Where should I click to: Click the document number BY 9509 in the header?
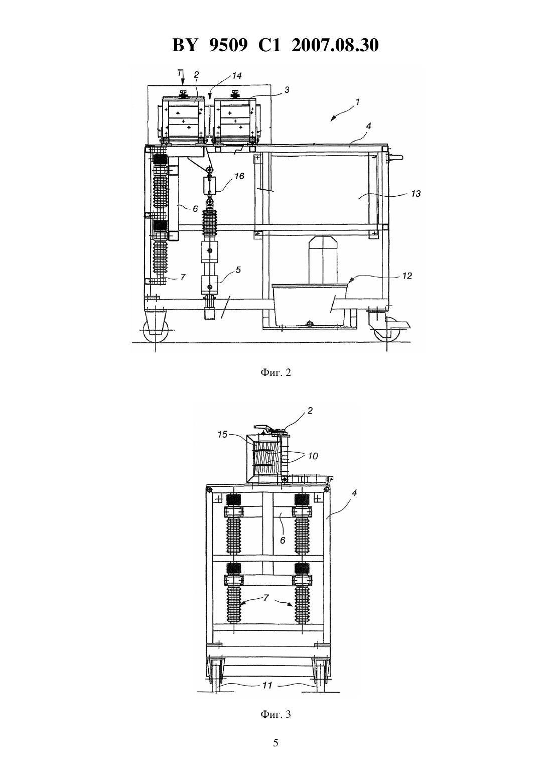[x=209, y=45]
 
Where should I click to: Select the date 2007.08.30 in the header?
[x=335, y=45]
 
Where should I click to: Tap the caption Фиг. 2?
[x=275, y=373]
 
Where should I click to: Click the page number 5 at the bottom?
[x=275, y=743]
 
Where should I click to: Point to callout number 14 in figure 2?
[x=237, y=76]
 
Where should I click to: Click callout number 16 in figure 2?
[x=239, y=176]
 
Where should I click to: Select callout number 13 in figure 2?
[x=416, y=194]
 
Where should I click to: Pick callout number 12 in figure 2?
[x=407, y=276]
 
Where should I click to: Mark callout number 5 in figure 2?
[x=238, y=270]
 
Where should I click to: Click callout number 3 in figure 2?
[x=287, y=90]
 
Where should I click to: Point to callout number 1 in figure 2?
[x=357, y=102]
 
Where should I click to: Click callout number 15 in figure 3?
[x=222, y=435]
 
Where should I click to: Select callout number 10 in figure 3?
[x=313, y=456]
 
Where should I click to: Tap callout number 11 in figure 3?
[x=267, y=686]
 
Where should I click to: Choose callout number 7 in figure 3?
[x=266, y=598]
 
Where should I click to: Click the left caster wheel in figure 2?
[x=156, y=331]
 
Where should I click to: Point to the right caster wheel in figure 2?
[x=387, y=331]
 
